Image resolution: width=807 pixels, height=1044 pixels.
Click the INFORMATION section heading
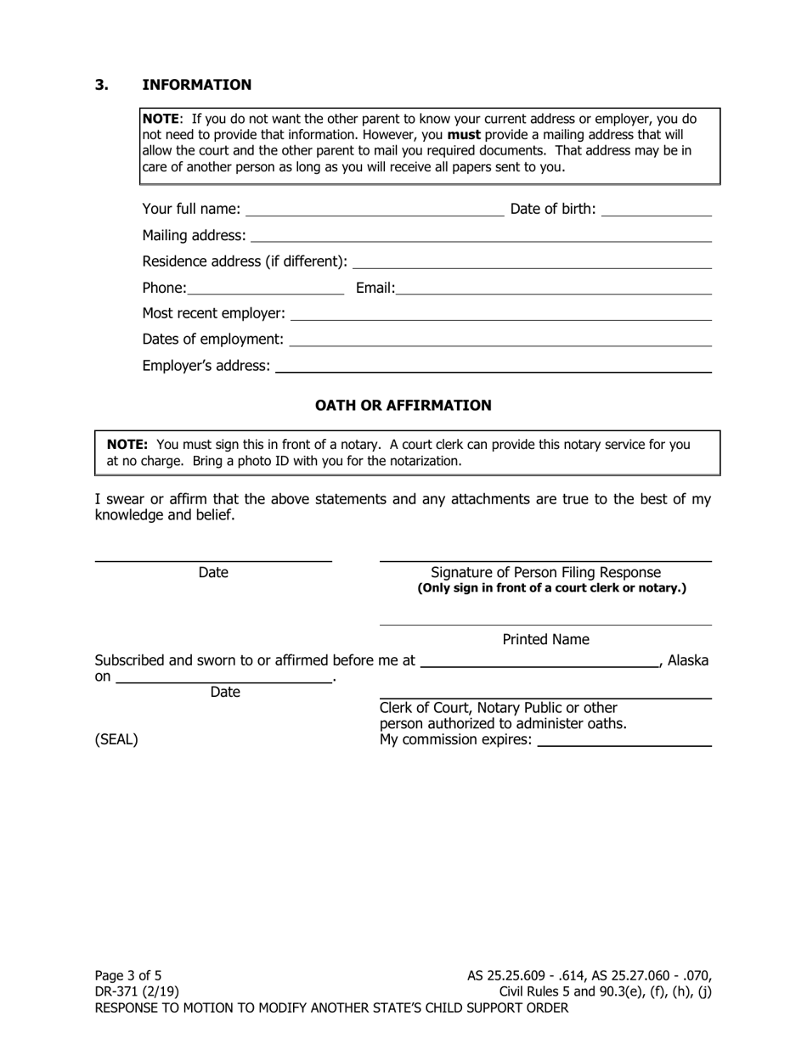click(196, 85)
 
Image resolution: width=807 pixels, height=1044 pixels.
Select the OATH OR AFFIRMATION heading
click(403, 406)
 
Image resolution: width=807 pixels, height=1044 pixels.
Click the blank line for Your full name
click(374, 210)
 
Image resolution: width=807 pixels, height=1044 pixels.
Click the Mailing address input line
click(481, 236)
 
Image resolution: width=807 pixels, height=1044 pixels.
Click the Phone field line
click(265, 289)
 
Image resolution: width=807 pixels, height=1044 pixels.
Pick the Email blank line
click(553, 289)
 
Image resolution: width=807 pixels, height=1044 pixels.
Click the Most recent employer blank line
click(500, 314)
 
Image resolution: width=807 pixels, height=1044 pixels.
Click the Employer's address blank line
click(493, 367)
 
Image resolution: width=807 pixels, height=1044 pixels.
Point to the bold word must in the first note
click(464, 134)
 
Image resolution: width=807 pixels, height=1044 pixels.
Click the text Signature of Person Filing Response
click(545, 573)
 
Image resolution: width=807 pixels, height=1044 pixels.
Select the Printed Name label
click(545, 639)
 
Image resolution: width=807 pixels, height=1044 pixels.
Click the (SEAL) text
click(116, 739)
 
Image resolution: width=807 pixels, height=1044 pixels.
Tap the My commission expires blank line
click(624, 740)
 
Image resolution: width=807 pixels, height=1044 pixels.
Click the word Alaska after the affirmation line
click(688, 660)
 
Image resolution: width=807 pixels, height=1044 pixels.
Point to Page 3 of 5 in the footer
click(128, 975)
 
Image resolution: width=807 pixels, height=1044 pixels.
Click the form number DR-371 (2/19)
click(137, 991)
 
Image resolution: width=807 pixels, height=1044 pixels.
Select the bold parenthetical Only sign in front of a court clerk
click(551, 588)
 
